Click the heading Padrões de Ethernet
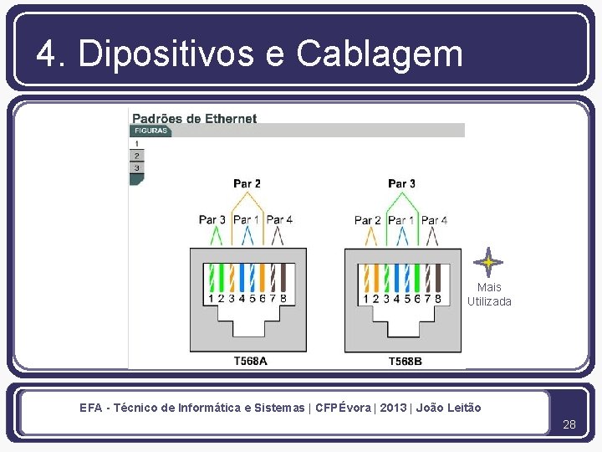coord(195,118)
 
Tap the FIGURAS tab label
coord(150,131)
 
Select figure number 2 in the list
coord(136,156)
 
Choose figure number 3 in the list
coord(136,168)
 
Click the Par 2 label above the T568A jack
coord(247,183)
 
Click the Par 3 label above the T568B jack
coord(401,183)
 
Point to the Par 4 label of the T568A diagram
coord(279,220)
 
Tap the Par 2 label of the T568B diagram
coord(368,220)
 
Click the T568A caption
coord(250,362)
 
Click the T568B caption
coord(405,362)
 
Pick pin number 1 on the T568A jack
coord(210,298)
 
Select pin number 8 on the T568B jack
coord(438,298)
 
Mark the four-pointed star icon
coord(488,262)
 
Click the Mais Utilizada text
coord(489,295)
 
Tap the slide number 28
coord(569,425)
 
